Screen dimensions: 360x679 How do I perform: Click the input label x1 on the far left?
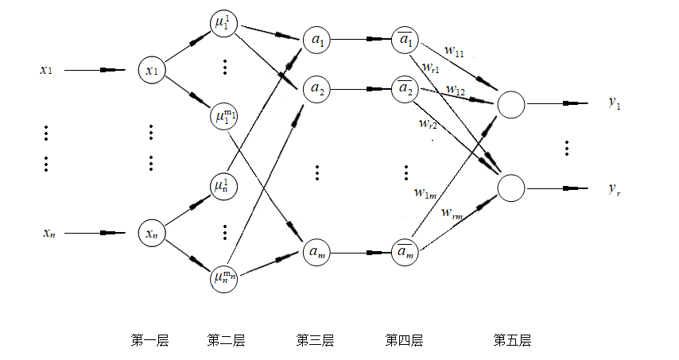click(x=46, y=70)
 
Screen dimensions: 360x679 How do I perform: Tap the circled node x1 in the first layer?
click(x=150, y=71)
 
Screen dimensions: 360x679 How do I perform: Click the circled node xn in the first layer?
click(x=150, y=234)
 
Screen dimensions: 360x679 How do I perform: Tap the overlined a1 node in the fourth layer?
click(x=405, y=39)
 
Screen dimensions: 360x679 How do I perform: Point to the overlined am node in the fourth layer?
click(x=405, y=254)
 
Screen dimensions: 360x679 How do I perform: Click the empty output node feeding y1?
click(x=510, y=103)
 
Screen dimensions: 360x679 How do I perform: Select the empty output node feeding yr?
click(x=510, y=188)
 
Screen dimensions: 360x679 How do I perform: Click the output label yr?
click(x=614, y=188)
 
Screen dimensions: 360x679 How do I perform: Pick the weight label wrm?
click(x=452, y=214)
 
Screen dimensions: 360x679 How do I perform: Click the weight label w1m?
click(x=424, y=192)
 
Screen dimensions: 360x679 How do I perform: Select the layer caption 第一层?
click(x=149, y=340)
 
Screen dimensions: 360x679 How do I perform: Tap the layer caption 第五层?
click(x=512, y=340)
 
